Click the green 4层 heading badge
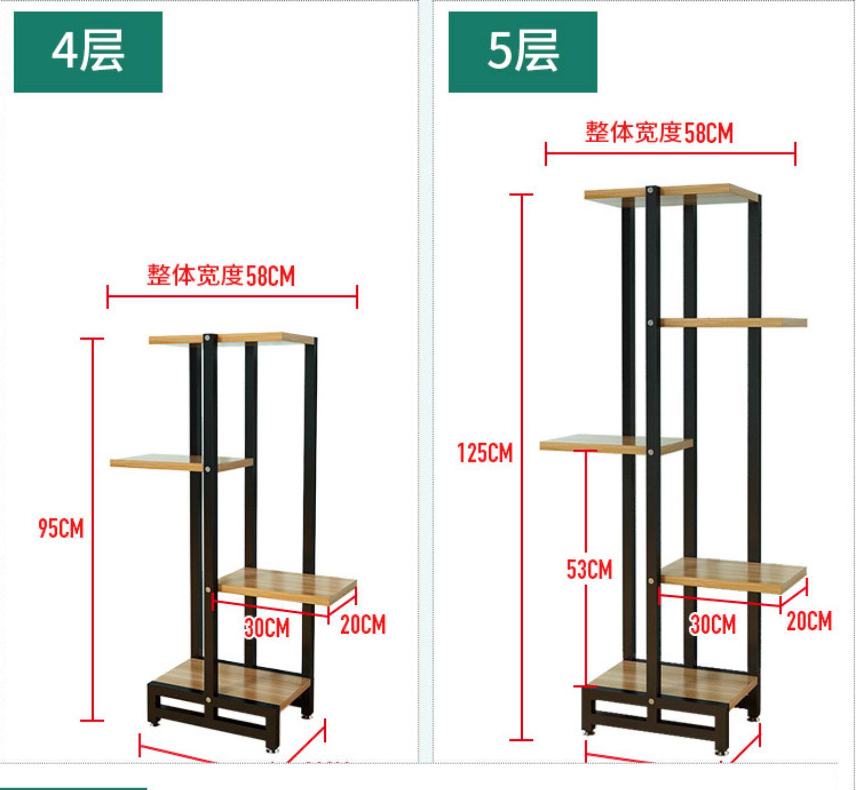coord(88,52)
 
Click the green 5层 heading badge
coord(522,52)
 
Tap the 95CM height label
coord(61,528)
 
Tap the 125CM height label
coord(485,453)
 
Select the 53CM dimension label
coord(589,570)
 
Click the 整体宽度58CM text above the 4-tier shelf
coord(221,276)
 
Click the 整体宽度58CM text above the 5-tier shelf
coord(659,133)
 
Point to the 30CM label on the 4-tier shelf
coord(267,628)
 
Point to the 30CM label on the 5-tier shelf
coord(713,624)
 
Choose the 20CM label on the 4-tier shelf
coord(363,624)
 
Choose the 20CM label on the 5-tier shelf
coord(809,621)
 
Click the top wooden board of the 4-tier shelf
coord(251,338)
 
